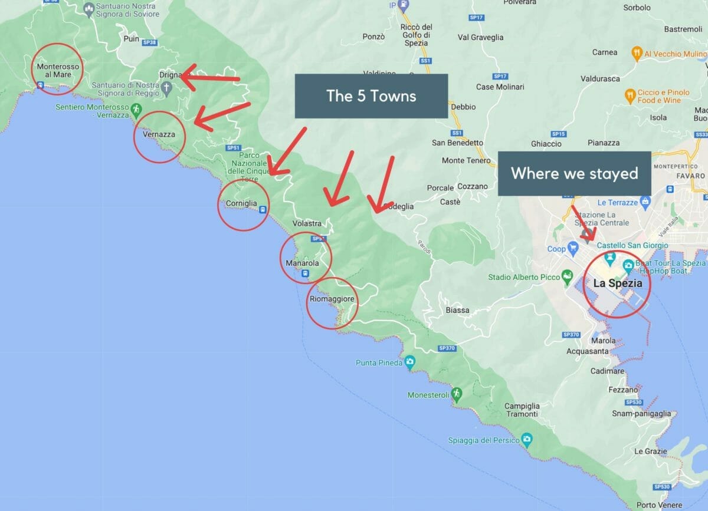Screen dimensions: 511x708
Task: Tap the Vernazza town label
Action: coord(159,134)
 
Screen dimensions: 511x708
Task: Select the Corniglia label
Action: coord(241,204)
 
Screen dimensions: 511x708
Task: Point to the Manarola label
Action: coord(302,263)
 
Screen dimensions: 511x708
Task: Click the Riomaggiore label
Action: coord(332,299)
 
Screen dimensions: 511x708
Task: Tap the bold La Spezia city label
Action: coord(618,283)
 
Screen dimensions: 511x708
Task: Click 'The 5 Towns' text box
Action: coord(371,96)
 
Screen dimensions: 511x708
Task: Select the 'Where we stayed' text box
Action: coord(574,173)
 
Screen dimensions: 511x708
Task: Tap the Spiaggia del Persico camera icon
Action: coord(527,440)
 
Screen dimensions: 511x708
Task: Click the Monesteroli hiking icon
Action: coord(456,394)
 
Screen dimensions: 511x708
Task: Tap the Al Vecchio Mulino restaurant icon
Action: coord(637,53)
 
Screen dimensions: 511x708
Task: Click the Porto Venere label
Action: coord(659,505)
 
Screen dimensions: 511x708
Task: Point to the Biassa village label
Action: coord(458,310)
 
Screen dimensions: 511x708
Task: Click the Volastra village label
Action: coord(307,224)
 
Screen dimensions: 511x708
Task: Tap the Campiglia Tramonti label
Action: coord(522,410)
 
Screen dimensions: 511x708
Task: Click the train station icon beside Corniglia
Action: coord(263,209)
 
